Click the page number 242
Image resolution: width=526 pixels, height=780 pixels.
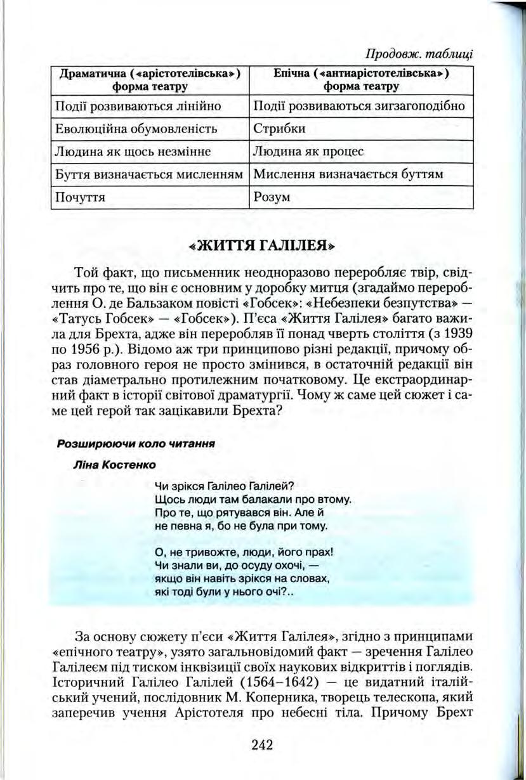tap(261, 744)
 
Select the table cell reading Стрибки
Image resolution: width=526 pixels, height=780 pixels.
tap(279, 129)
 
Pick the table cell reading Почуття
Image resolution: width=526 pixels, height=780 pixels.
tap(81, 197)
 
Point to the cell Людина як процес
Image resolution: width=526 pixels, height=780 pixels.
tap(299, 152)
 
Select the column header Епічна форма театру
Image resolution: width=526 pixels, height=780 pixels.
tap(359, 79)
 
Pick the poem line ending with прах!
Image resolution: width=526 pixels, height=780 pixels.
tap(244, 552)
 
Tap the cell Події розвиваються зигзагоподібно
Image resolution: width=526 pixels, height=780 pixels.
tap(359, 106)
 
